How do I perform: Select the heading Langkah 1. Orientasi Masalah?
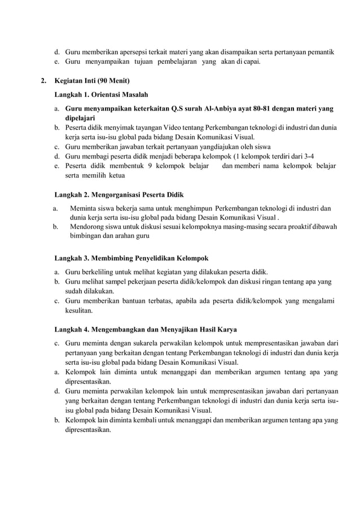(x=101, y=94)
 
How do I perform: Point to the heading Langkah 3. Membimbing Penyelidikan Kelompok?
(x=131, y=258)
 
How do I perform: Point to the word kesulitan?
(x=81, y=310)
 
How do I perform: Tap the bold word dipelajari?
(x=81, y=118)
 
